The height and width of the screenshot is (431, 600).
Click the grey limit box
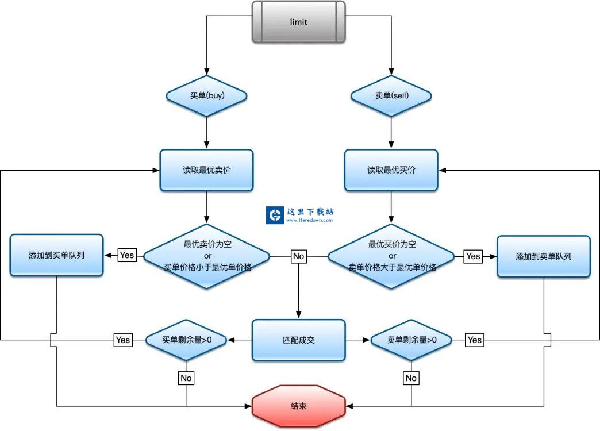pyautogui.click(x=299, y=22)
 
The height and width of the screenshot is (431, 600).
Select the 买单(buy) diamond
pyautogui.click(x=206, y=95)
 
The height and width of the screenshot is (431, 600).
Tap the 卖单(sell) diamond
pyautogui.click(x=391, y=95)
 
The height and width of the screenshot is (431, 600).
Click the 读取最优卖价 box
pyautogui.click(x=206, y=170)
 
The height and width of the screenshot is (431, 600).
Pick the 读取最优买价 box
pyautogui.click(x=391, y=170)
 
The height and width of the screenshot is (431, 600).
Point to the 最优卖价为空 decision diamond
pyautogui.click(x=206, y=256)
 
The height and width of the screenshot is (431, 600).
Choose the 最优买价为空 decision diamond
pyautogui.click(x=391, y=256)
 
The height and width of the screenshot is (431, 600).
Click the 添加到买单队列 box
pyautogui.click(x=56, y=255)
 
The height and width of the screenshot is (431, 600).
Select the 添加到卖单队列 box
pyautogui.click(x=544, y=256)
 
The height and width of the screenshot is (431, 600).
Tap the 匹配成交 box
pyautogui.click(x=299, y=340)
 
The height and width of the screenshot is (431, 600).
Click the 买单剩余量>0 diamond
pyautogui.click(x=186, y=340)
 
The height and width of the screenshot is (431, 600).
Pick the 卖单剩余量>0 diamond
pyautogui.click(x=411, y=340)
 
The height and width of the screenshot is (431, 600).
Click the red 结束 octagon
pyautogui.click(x=299, y=406)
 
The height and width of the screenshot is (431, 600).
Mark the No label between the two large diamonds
pyautogui.click(x=298, y=256)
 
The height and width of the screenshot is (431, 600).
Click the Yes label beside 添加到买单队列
pyautogui.click(x=127, y=255)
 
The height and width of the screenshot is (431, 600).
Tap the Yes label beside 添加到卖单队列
pyautogui.click(x=473, y=256)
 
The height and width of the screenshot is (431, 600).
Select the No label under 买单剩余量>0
pyautogui.click(x=186, y=378)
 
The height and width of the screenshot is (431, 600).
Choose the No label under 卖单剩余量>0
pyautogui.click(x=411, y=378)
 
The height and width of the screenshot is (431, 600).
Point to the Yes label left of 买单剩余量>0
pyautogui.click(x=123, y=340)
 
